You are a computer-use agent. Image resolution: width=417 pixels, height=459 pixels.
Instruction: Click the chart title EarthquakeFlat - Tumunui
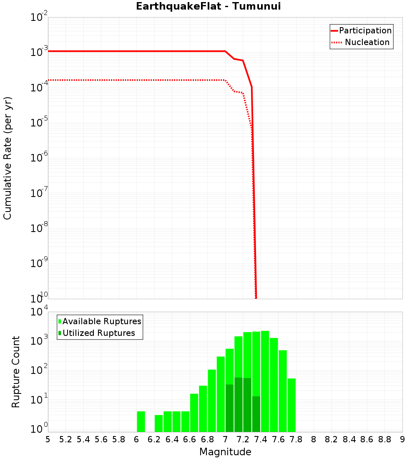pyautogui.click(x=204, y=6)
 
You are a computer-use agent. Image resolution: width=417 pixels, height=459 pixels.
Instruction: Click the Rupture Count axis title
pyautogui.click(x=16, y=371)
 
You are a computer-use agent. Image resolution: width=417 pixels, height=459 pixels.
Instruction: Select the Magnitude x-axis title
pyautogui.click(x=225, y=452)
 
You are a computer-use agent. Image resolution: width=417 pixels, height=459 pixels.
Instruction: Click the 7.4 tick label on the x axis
pyautogui.click(x=261, y=439)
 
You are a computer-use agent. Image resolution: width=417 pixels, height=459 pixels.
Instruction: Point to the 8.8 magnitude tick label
pyautogui.click(x=384, y=439)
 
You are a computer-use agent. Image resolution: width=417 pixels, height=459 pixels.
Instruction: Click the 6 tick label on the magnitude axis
pyautogui.click(x=136, y=439)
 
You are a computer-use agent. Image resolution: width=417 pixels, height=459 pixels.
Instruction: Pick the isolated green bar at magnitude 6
pyautogui.click(x=141, y=421)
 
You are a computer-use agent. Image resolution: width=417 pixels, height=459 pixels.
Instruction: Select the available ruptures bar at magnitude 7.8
pyautogui.click(x=291, y=405)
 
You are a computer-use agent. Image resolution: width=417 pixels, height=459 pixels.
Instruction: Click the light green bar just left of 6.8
pyautogui.click(x=203, y=409)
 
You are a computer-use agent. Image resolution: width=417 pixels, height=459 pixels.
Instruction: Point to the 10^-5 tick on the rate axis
pyautogui.click(x=39, y=123)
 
